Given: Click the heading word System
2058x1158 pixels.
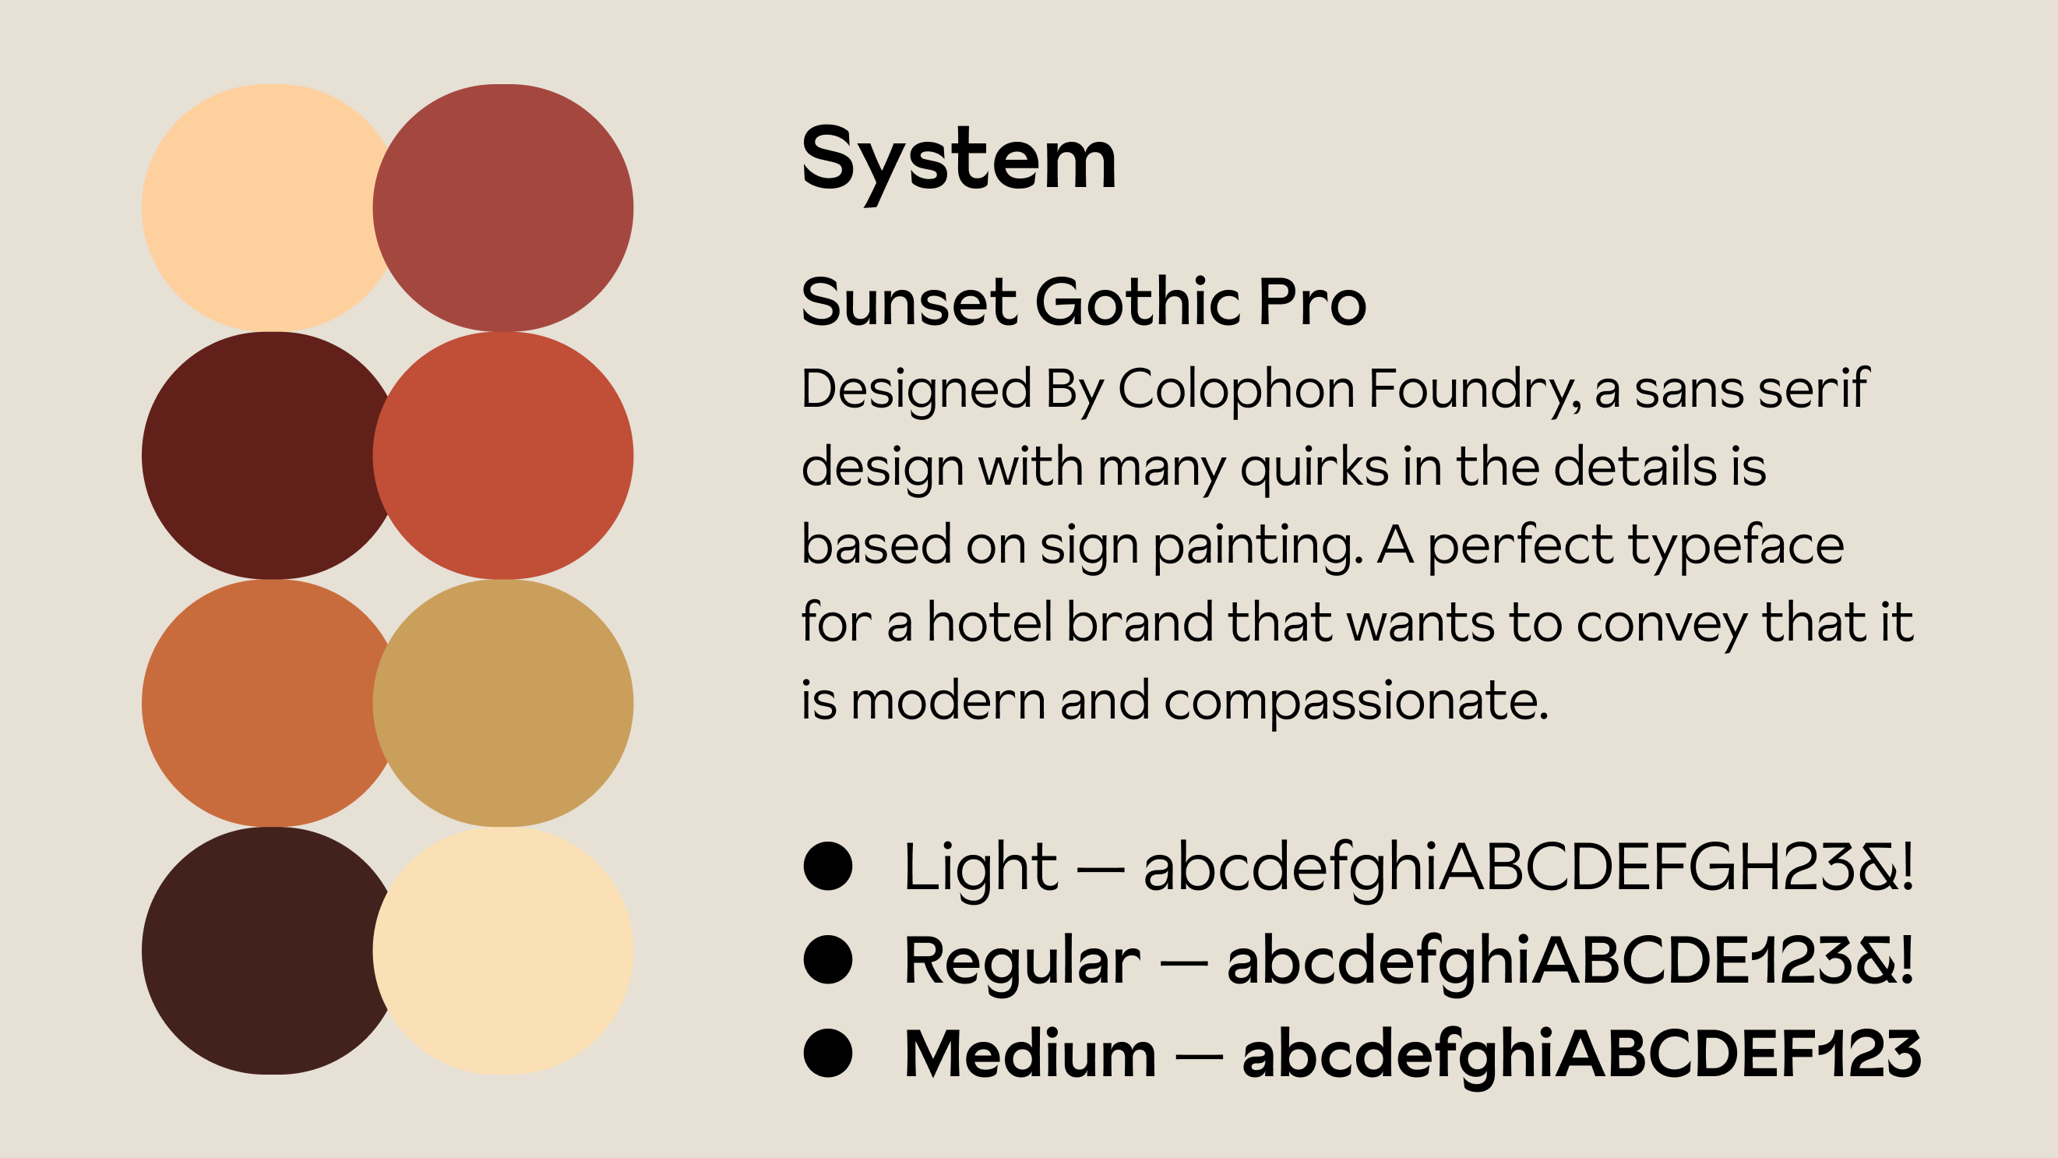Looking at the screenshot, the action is [958, 163].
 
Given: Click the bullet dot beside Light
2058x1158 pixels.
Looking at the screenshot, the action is [828, 867].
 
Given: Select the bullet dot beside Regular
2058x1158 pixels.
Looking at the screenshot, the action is [828, 960].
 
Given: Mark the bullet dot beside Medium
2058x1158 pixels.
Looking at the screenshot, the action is [828, 1053].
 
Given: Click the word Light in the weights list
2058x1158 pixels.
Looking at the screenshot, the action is [980, 870].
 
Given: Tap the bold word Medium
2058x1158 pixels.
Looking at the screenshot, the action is [1030, 1054].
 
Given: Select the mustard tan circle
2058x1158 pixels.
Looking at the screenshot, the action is [503, 703].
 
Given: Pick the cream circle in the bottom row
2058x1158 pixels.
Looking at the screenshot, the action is [503, 951].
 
